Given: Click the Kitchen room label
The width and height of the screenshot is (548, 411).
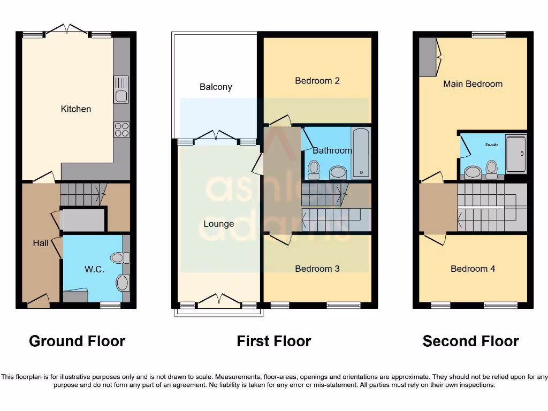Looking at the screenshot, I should [76, 109].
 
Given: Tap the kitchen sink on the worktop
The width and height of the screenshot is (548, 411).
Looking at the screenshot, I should [121, 89].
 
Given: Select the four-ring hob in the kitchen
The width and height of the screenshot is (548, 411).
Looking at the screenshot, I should [121, 130].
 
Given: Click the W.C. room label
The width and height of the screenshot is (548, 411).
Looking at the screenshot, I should [94, 270].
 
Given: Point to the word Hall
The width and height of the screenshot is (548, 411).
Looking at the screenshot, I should [41, 243].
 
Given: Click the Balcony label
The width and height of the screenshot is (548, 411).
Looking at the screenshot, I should [216, 87].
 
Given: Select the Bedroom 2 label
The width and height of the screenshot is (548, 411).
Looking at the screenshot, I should [317, 81].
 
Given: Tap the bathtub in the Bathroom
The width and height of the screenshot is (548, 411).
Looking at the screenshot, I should [361, 153].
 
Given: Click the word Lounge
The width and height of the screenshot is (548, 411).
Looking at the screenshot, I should [218, 224].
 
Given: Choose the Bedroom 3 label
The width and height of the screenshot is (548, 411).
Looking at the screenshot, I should [317, 269].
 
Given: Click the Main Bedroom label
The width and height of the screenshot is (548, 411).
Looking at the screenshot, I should [473, 84].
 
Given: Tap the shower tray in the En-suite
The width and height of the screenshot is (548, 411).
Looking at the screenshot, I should [516, 154].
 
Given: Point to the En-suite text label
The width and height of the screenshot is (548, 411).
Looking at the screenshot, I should [492, 145].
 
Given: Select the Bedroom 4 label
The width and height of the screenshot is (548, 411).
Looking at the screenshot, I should [473, 269].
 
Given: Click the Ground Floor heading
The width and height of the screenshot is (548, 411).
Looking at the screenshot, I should [77, 341].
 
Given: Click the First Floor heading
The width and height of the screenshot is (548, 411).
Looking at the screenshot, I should [274, 341].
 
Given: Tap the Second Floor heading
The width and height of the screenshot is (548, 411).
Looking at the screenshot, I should [471, 341].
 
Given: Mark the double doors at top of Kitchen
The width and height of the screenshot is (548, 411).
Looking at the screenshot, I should [67, 29].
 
